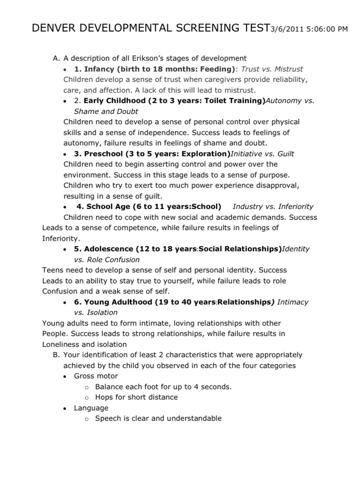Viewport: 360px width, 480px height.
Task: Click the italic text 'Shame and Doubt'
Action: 106,111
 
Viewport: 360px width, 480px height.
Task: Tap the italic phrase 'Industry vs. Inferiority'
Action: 273,206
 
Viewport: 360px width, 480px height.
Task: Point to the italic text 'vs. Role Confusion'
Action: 107,259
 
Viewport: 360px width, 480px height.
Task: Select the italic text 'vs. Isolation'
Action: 96,312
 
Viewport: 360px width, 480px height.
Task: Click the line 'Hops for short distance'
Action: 136,397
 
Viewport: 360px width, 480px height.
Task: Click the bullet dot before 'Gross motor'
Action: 64,376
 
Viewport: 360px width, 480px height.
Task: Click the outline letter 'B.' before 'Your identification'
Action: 57,354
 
